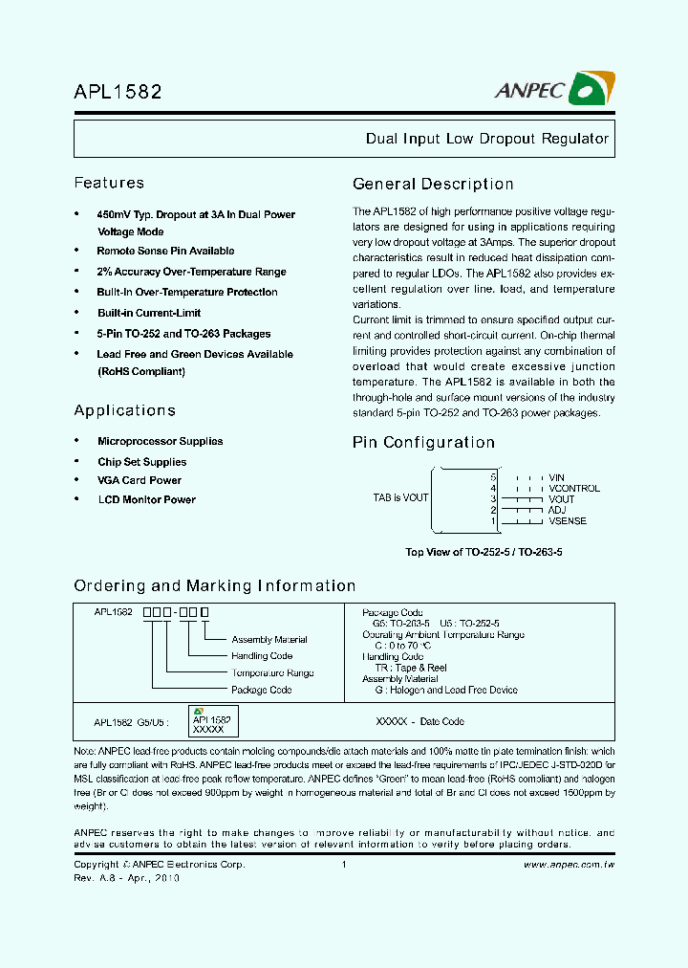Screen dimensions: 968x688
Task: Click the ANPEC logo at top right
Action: point(551,89)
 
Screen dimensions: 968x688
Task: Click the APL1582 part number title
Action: point(118,92)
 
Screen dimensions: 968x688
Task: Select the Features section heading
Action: point(109,183)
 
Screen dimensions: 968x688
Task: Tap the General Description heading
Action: point(433,185)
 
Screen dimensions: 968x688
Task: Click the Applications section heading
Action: point(124,410)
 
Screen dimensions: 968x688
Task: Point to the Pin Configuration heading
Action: point(423,443)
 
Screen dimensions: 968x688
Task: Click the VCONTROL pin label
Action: point(574,488)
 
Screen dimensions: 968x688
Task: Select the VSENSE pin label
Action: point(568,521)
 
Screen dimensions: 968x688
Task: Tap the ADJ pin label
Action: point(557,511)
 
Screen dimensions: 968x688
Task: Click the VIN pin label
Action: point(556,477)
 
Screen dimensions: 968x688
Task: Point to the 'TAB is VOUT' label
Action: point(400,497)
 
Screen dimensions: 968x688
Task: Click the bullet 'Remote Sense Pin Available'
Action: point(165,251)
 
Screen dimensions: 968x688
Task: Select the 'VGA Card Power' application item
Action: point(139,480)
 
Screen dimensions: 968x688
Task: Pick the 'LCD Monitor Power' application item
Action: point(146,499)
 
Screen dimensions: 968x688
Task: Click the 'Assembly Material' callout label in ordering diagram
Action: point(269,639)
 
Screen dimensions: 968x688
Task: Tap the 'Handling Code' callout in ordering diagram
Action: point(262,656)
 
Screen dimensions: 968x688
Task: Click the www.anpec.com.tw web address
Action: point(569,864)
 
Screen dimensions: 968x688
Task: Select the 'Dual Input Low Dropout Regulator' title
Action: point(487,139)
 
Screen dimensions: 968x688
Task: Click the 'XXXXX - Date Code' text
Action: point(421,721)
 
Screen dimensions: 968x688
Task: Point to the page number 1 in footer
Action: point(343,864)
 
